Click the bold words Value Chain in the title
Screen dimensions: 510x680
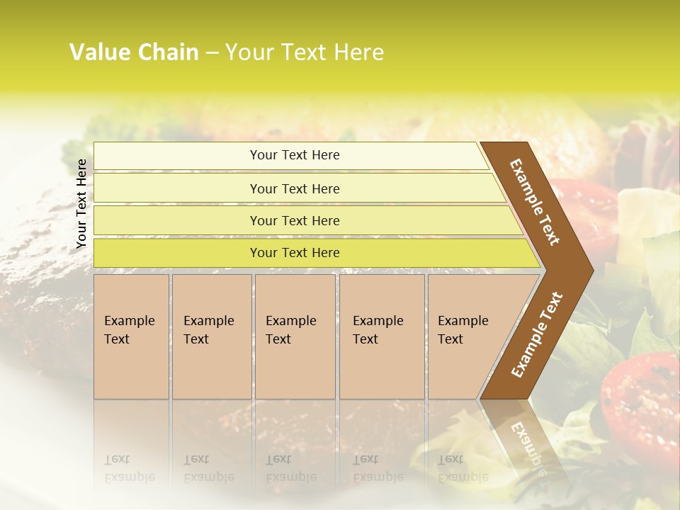point(134,52)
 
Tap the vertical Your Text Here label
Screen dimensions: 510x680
point(81,203)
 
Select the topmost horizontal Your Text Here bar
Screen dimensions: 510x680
point(294,155)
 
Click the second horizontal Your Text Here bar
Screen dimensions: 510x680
point(294,188)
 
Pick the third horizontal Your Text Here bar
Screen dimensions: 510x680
point(294,220)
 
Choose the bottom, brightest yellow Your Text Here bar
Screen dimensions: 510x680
point(294,253)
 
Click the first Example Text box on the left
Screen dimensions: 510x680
point(131,336)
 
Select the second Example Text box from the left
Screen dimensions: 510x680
point(211,336)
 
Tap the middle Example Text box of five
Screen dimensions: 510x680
point(295,336)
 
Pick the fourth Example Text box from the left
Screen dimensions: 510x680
point(381,336)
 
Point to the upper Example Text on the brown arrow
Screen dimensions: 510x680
point(535,202)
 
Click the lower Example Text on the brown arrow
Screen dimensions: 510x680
point(537,334)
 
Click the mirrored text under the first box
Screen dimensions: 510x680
point(129,468)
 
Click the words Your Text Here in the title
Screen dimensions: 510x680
point(305,52)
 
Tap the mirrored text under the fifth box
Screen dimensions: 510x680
point(463,468)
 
